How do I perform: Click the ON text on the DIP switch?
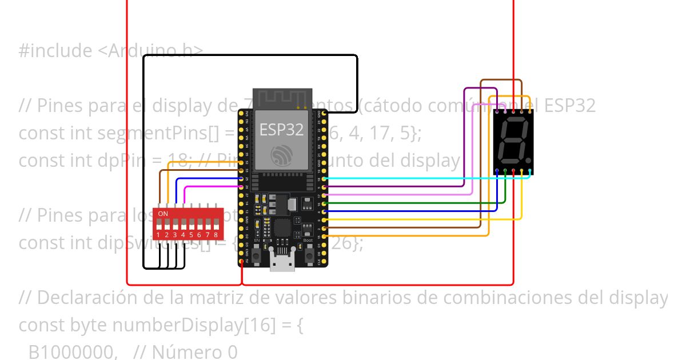click(x=163, y=213)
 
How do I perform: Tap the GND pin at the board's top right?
click(x=325, y=114)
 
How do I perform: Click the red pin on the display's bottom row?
click(x=513, y=171)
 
